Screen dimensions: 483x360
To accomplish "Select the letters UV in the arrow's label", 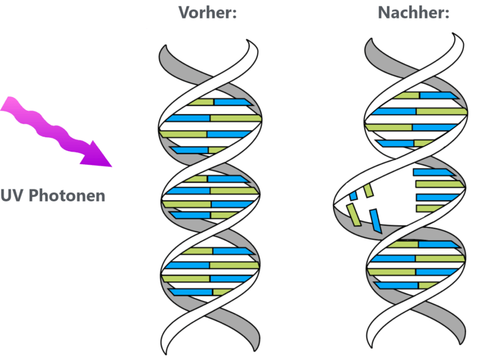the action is [12, 196].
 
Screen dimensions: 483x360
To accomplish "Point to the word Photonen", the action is [67, 196].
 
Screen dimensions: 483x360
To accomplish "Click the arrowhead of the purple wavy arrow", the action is [97, 155].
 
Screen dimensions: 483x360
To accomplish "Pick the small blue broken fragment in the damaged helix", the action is [353, 195].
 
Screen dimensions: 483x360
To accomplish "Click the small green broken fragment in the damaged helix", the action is [369, 191].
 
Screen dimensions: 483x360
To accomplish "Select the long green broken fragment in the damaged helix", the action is [353, 215].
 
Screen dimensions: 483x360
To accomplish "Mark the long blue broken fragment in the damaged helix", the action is [375, 221].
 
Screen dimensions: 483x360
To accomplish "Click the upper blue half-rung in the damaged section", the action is [433, 172].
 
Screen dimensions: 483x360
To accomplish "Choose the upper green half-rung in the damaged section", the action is [440, 184].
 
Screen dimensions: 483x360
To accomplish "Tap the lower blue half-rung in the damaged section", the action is [437, 197].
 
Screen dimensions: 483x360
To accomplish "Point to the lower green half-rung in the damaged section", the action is [431, 208].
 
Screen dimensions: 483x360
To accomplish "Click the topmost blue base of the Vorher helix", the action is [233, 103].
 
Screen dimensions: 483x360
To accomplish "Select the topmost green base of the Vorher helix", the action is [201, 103].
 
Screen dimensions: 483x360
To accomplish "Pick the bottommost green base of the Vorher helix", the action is [223, 291].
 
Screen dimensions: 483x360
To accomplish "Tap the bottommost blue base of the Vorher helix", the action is [191, 292].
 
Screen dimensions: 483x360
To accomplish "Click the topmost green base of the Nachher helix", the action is [407, 96].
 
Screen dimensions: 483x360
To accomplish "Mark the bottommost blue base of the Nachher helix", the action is [396, 285].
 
